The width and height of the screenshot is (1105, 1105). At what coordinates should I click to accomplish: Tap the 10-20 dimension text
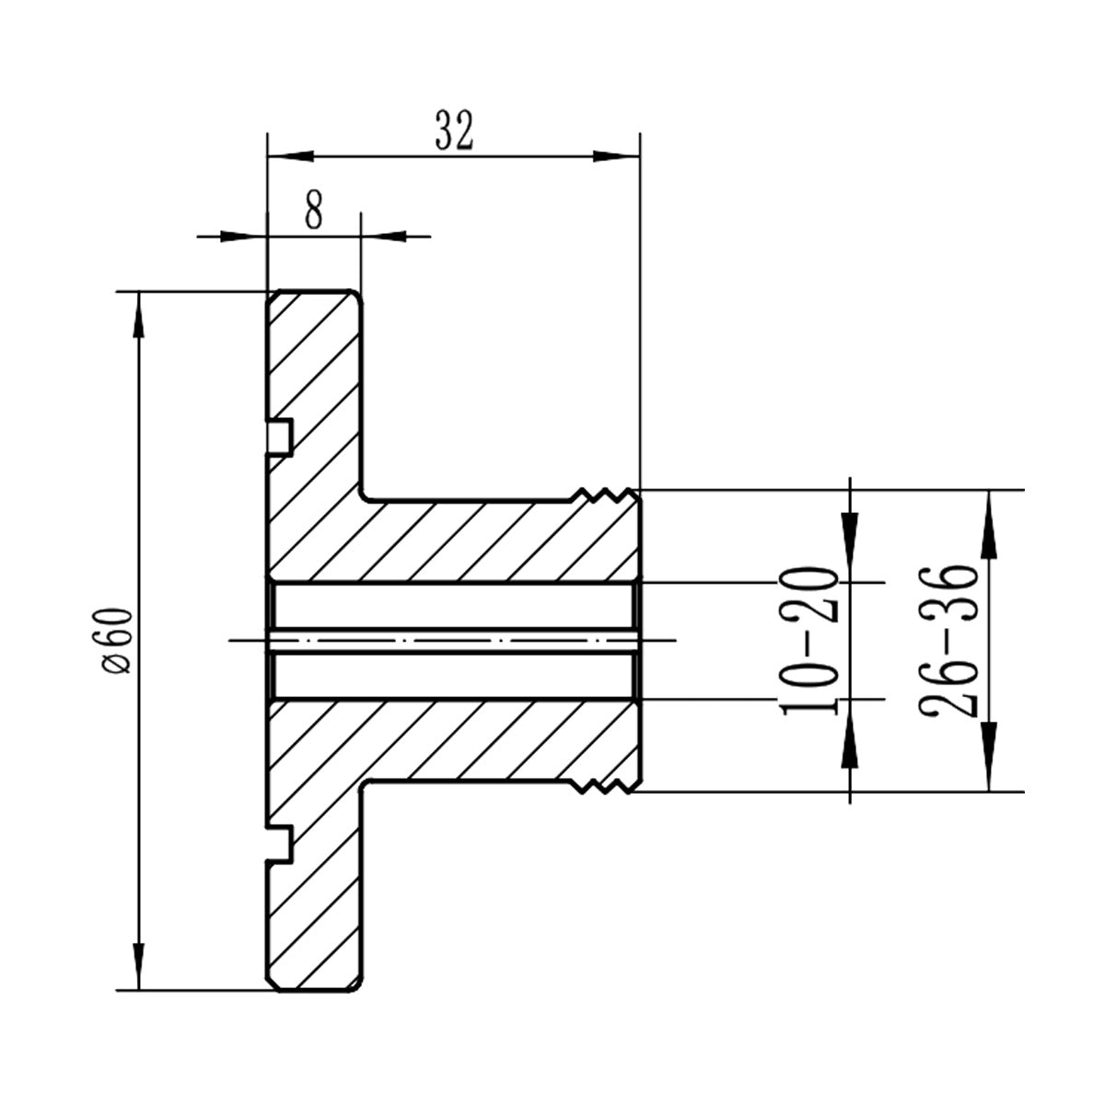point(808,641)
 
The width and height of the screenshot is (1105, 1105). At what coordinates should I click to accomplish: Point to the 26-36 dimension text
point(947,641)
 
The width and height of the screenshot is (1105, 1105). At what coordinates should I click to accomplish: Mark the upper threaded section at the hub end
point(604,497)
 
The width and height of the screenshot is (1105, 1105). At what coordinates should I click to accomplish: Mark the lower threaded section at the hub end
point(604,785)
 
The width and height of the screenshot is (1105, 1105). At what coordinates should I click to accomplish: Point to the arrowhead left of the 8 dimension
point(243,237)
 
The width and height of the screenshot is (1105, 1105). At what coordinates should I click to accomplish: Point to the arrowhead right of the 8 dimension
point(384,237)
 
